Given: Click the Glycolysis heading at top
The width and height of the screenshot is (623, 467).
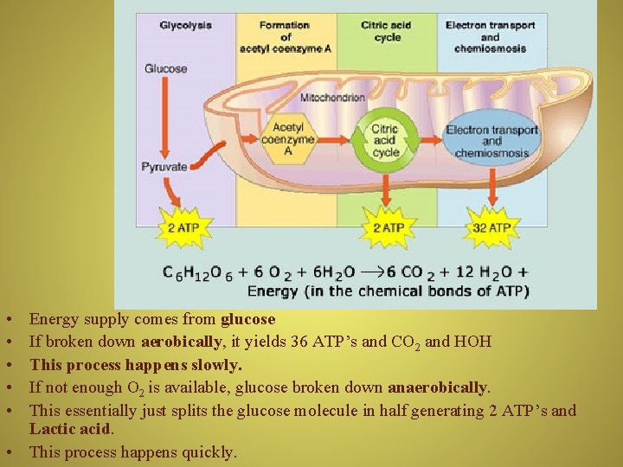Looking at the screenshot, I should click(185, 25).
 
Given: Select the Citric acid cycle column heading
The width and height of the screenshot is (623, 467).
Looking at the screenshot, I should click(386, 31).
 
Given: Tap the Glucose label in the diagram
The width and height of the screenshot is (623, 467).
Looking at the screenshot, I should click(165, 68).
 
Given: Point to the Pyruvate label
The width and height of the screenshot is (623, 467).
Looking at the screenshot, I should click(164, 166).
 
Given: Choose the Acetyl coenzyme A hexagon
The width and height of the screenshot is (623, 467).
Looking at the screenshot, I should click(288, 138).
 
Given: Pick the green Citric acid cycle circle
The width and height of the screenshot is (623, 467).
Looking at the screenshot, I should click(385, 139).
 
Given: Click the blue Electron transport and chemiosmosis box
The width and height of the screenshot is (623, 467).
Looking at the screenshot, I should click(491, 141).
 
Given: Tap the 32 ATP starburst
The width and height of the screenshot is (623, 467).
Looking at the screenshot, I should click(491, 227).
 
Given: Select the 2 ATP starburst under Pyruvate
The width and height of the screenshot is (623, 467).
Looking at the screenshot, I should click(183, 227).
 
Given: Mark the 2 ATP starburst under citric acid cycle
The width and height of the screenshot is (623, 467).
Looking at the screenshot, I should click(388, 227).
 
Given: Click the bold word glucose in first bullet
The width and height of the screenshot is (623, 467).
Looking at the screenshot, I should click(247, 319).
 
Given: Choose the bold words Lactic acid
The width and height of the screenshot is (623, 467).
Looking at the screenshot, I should click(71, 429).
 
